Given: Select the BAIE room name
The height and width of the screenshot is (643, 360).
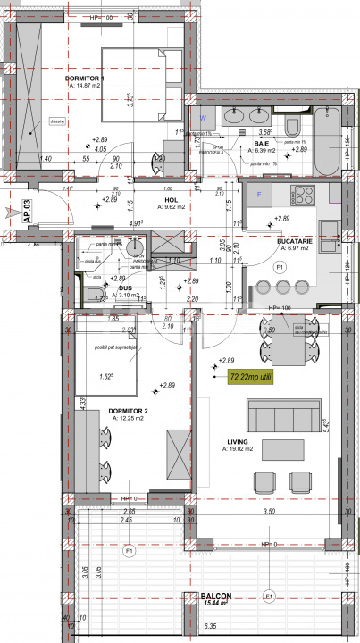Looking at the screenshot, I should [x=261, y=143].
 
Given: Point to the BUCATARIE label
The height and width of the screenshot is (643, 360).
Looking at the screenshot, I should [x=294, y=240].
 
